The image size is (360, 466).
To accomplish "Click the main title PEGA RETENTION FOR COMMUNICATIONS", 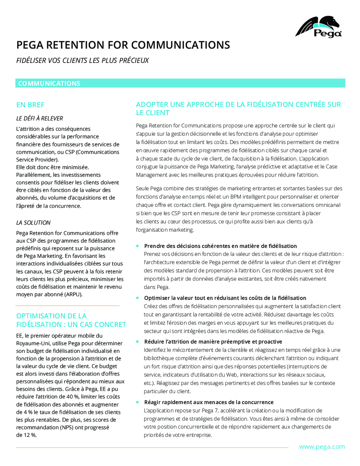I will [x=123, y=45].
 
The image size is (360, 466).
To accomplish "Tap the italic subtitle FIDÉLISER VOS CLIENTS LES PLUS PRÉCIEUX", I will [x=82, y=60].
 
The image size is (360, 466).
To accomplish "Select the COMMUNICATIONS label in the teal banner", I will [x=49, y=83].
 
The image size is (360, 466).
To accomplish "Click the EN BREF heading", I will [x=30, y=105].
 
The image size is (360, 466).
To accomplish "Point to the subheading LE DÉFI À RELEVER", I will [x=40, y=119].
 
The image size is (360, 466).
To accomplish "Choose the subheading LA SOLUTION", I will [x=33, y=223].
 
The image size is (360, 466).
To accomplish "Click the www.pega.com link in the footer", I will [x=322, y=447].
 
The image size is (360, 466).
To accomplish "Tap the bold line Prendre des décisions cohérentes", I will [x=220, y=246].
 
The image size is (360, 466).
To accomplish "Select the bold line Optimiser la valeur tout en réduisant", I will [x=225, y=298].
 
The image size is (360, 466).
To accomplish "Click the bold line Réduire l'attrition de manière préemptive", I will [x=213, y=341].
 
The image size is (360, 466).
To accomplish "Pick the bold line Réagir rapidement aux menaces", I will [x=209, y=402].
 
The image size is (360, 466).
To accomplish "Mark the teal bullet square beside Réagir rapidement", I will [x=137, y=402].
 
